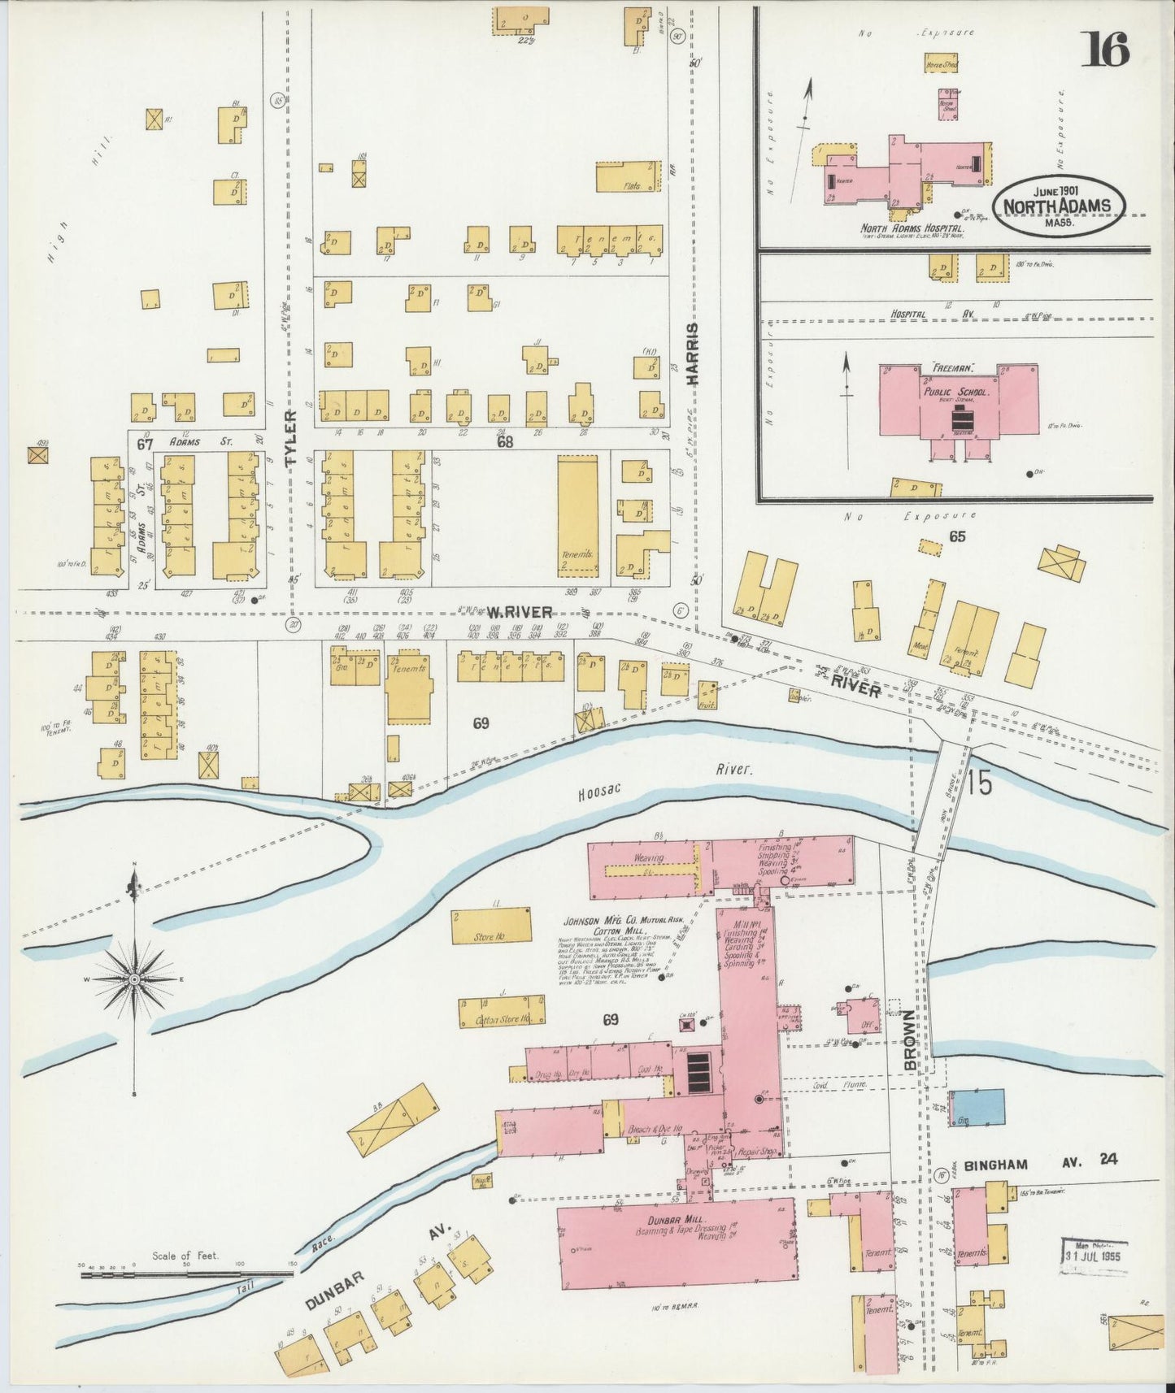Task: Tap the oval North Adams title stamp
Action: coord(1057,206)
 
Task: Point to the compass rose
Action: coord(134,980)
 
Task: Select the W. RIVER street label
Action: coord(520,612)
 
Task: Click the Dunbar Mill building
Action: coord(676,1242)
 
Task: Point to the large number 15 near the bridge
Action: coord(980,783)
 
